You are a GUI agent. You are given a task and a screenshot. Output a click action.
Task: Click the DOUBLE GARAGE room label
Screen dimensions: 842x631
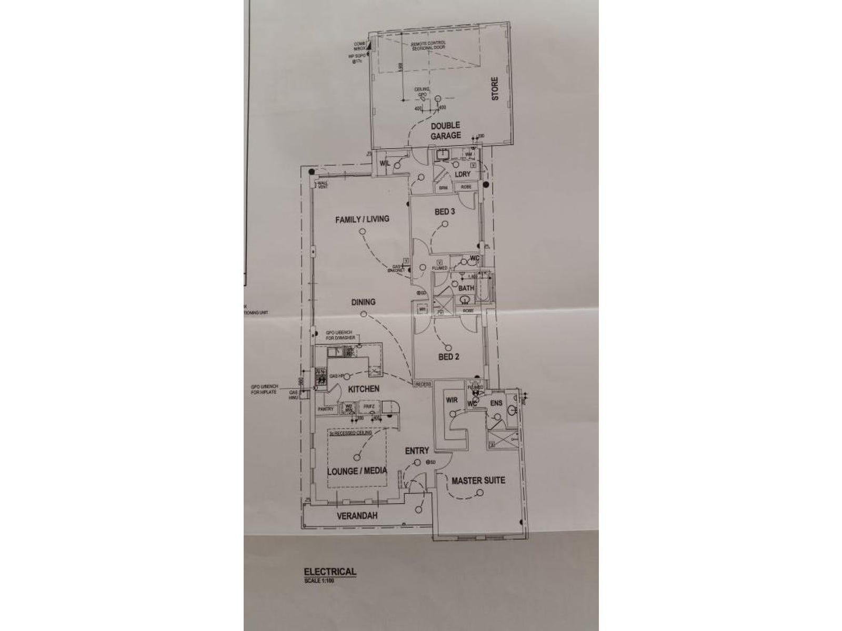click(x=446, y=130)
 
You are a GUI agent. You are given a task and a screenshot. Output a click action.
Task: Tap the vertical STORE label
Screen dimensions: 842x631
click(x=495, y=89)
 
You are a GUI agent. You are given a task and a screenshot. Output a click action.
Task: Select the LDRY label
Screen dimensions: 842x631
click(x=463, y=174)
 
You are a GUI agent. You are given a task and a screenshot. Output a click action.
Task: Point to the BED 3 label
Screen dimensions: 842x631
click(x=445, y=212)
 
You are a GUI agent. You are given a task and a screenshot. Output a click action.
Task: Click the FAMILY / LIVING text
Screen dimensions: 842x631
click(x=362, y=219)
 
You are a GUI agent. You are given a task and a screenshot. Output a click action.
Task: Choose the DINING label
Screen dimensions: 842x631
click(x=363, y=302)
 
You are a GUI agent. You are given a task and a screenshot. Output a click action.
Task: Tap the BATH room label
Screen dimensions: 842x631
click(x=466, y=288)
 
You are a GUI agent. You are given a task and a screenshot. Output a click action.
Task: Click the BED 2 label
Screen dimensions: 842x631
click(x=449, y=357)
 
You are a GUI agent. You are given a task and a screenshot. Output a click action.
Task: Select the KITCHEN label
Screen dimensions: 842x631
click(x=363, y=389)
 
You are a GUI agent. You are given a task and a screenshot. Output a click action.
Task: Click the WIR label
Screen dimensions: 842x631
click(x=452, y=401)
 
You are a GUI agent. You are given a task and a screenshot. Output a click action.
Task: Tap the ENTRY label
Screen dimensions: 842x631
click(x=417, y=451)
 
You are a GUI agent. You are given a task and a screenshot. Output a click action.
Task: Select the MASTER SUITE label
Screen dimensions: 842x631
click(x=478, y=480)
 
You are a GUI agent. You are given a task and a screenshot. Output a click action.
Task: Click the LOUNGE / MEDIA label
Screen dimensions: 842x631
click(x=357, y=471)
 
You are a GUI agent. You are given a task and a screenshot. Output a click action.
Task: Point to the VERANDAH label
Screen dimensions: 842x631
click(x=357, y=516)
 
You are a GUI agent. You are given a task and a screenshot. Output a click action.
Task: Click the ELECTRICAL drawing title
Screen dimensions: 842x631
click(x=330, y=572)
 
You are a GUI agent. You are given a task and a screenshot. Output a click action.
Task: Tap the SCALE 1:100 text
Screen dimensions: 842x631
click(x=319, y=581)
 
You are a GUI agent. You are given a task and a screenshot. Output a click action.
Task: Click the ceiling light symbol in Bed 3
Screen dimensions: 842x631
click(x=445, y=223)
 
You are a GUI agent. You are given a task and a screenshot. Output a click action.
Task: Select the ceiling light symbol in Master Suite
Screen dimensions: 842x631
click(x=479, y=492)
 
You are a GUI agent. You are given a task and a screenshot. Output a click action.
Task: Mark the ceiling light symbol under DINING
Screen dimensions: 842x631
click(x=363, y=314)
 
